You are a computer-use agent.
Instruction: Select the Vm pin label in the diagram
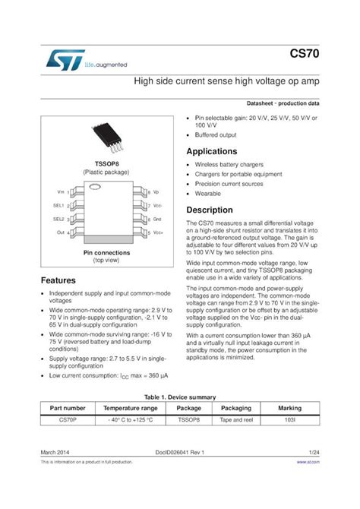click(61, 192)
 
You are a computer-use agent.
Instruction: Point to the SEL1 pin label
click(58, 205)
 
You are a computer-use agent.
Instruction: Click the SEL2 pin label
click(58, 219)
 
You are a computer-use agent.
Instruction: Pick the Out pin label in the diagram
click(60, 232)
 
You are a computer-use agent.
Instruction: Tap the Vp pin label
click(156, 192)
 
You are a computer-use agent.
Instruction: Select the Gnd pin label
click(156, 219)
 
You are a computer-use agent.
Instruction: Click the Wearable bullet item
click(208, 193)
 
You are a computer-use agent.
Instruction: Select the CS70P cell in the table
click(67, 419)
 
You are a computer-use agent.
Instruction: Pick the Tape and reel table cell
click(235, 419)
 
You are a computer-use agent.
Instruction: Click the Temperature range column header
click(131, 408)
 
